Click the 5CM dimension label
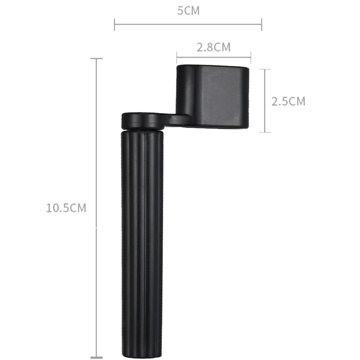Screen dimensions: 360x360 tap(188, 10)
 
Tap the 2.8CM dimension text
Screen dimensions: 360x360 tap(214, 47)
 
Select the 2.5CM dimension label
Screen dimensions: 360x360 tap(288, 101)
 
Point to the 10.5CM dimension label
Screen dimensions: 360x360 tap(66, 208)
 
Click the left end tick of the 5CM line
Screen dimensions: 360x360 tap(115, 25)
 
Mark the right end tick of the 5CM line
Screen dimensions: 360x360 tap(262, 25)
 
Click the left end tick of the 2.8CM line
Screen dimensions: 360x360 tap(177, 58)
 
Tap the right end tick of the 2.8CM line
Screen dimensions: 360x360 tap(251, 58)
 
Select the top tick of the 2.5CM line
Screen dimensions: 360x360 tap(265, 69)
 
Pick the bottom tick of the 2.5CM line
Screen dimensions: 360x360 tap(265, 132)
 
